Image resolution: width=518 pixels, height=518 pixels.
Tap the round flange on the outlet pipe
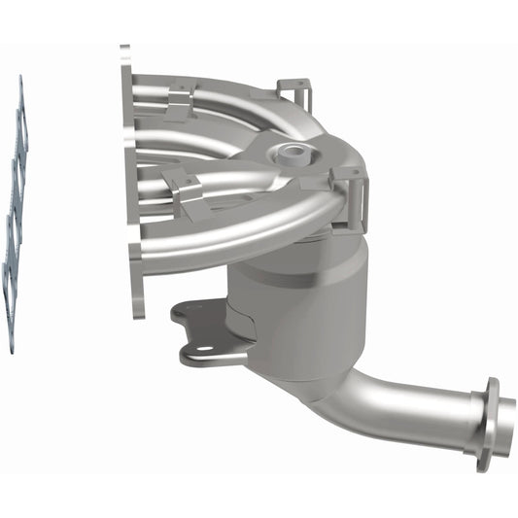coord(483,425)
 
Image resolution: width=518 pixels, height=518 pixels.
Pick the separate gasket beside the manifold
coord(15,214)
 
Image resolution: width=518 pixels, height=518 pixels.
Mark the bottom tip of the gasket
coord(10,348)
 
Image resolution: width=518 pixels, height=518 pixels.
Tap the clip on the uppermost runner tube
coord(181,100)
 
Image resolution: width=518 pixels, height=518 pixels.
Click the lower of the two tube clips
coord(184,186)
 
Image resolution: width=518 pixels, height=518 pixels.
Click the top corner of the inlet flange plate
coord(124,49)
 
